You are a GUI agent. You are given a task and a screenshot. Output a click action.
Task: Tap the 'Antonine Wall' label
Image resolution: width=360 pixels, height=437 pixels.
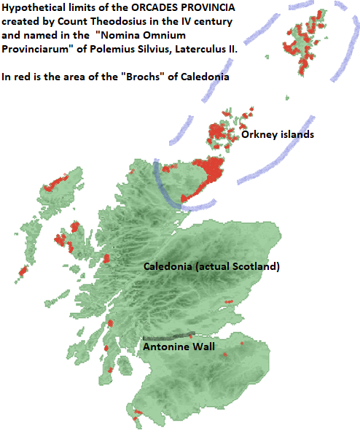click(179, 347)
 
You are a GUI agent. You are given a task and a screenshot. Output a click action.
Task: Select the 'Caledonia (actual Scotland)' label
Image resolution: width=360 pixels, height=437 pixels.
click(211, 267)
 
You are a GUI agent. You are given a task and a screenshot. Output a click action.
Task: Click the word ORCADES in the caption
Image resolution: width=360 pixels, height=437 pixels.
click(165, 7)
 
